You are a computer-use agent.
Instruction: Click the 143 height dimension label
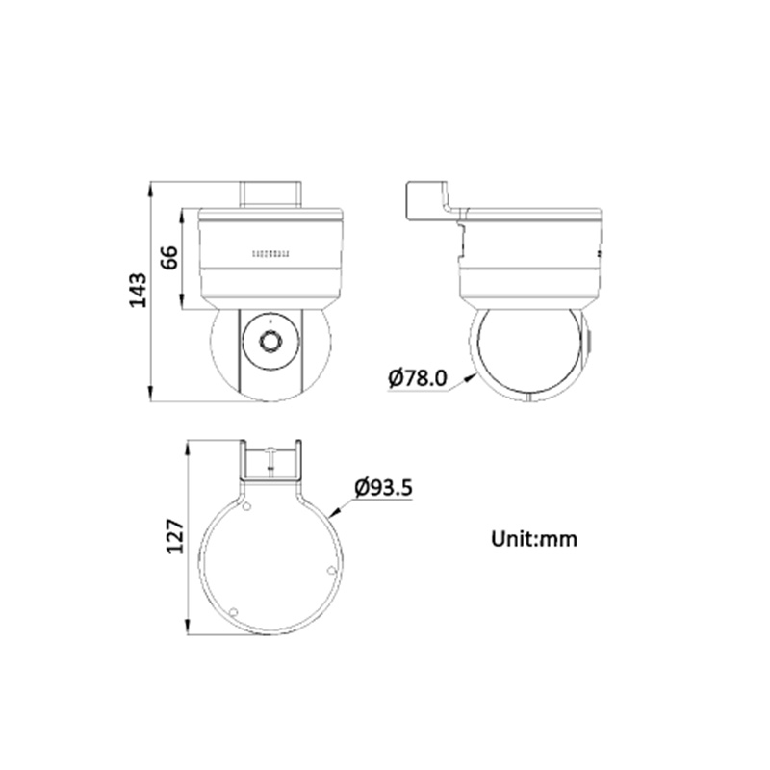[x=138, y=291]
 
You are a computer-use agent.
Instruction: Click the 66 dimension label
[x=170, y=257]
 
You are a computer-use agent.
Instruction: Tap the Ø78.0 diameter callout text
[x=418, y=378]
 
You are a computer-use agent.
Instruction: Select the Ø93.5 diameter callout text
[x=383, y=488]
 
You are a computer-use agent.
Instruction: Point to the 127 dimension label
[x=175, y=537]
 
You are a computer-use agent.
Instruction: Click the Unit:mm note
[x=534, y=539]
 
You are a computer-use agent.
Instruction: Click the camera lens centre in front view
[x=270, y=341]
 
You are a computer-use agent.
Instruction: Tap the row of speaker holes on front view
[x=271, y=254]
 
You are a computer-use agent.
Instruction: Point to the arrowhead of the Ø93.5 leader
[x=335, y=513]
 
